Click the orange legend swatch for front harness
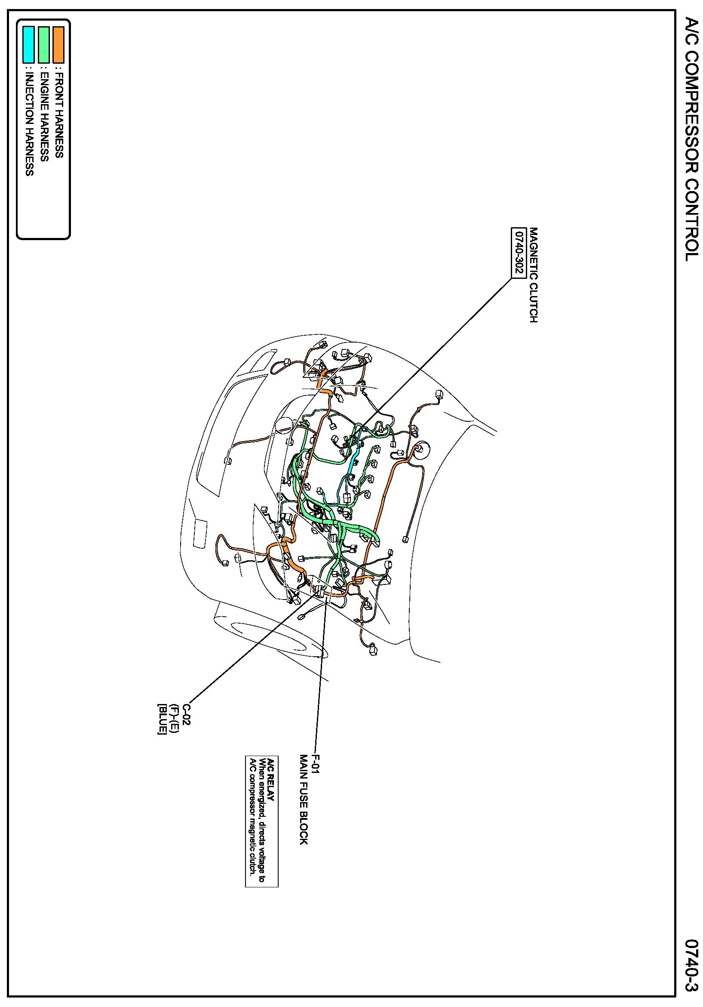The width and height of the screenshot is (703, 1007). (x=58, y=45)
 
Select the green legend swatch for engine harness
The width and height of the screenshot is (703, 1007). (x=43, y=45)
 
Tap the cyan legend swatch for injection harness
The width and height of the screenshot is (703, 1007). (x=28, y=45)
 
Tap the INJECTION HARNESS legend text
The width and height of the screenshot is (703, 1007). (x=29, y=124)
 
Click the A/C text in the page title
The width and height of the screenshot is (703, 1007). (x=691, y=32)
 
